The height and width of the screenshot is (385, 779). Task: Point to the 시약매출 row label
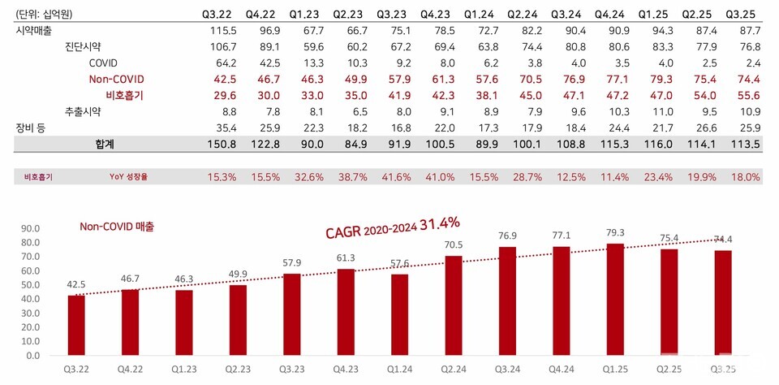pos(33,30)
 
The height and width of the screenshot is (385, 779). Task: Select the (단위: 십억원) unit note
pos(41,14)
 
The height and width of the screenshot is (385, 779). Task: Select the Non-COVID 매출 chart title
pos(117,227)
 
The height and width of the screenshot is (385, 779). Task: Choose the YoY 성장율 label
pos(134,176)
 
